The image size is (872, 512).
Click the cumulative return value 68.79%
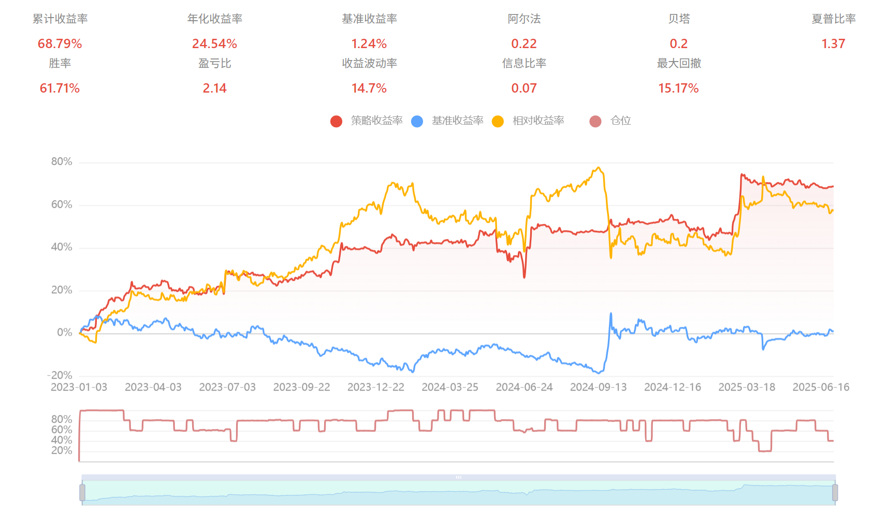tap(60, 44)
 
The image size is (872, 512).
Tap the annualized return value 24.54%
tap(214, 44)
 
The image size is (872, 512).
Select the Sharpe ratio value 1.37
tap(833, 44)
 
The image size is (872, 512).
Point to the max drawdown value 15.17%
tap(678, 88)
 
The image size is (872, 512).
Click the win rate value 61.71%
tap(60, 88)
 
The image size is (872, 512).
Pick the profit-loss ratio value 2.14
tap(214, 88)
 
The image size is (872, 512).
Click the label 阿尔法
tap(524, 19)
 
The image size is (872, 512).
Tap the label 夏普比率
tap(833, 19)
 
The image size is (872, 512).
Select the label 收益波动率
tap(369, 64)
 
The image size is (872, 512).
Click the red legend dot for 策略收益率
tap(336, 121)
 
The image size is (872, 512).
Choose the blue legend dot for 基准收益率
tap(417, 121)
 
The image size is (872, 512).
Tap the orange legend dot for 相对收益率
tap(498, 121)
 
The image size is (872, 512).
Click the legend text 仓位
tap(620, 121)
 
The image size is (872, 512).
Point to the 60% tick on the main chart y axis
tap(62, 205)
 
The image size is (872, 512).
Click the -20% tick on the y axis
tap(60, 375)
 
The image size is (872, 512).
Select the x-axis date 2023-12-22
tap(376, 387)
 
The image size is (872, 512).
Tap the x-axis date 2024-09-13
tap(598, 387)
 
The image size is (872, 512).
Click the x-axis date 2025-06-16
tap(821, 387)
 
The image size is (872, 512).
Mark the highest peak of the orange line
tap(599, 168)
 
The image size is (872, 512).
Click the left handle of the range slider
tap(82, 492)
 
